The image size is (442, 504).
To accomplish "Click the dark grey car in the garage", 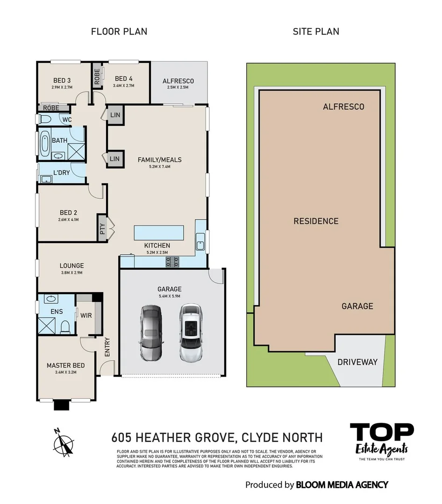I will pos(150,333).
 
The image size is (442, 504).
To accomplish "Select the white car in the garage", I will pos(191,333).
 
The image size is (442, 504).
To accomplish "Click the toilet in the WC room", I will pos(45,120).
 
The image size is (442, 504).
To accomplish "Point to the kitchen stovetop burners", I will pos(172,262).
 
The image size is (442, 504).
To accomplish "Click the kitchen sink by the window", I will pos(201,244).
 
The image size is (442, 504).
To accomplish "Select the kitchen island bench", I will pos(158,232).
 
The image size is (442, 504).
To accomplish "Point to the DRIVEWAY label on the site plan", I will pos(357,362).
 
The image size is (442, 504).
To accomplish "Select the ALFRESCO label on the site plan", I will pos(343,107).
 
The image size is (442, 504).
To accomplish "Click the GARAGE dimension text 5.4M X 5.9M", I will pos(169,296).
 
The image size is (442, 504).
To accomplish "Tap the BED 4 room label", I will pos(123,79).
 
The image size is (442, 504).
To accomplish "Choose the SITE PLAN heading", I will pos(316,32).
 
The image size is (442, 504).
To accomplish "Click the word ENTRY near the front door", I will pos(107,347).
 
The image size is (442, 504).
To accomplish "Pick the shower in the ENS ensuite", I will pos(46,325).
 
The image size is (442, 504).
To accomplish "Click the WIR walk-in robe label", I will pos(86,315).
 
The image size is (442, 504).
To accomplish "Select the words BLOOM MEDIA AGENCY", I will pos(342,485).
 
